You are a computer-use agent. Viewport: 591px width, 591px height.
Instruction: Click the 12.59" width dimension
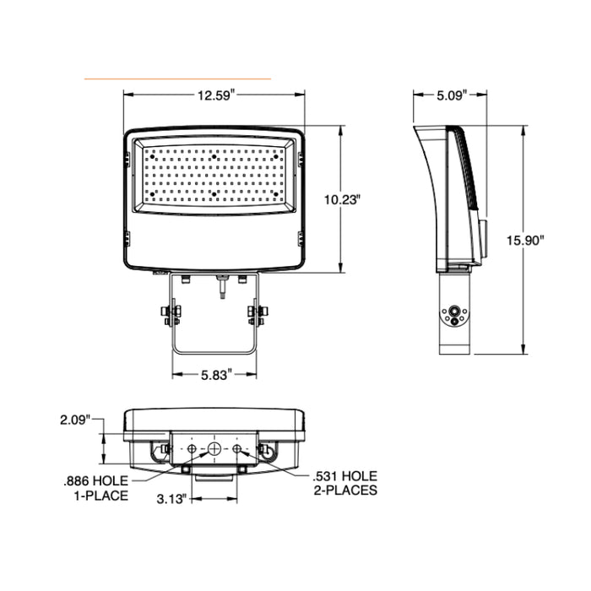click(x=215, y=95)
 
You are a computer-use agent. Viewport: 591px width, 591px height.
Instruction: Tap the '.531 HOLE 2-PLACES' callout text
click(x=344, y=483)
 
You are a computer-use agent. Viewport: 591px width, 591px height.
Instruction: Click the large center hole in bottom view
click(x=215, y=448)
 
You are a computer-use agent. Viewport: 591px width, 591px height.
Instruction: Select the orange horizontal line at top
click(x=177, y=78)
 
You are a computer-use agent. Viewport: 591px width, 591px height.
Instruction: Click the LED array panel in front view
click(x=215, y=173)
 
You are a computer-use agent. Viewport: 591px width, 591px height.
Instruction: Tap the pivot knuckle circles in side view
click(x=455, y=315)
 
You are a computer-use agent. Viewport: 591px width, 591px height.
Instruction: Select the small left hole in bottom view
click(x=192, y=448)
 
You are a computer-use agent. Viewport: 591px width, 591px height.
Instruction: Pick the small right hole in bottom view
click(x=238, y=448)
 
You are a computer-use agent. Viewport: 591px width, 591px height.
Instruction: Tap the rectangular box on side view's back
click(x=485, y=238)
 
